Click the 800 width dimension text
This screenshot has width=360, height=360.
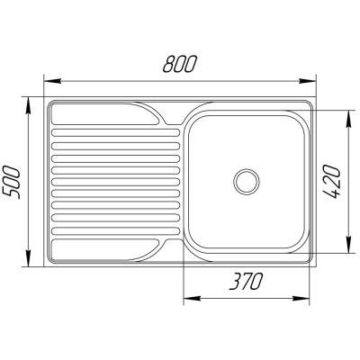[x=181, y=66]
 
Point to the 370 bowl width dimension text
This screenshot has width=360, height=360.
[x=244, y=283]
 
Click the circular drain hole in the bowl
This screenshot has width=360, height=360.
[x=245, y=181]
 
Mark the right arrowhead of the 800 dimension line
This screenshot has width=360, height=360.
[x=314, y=80]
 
